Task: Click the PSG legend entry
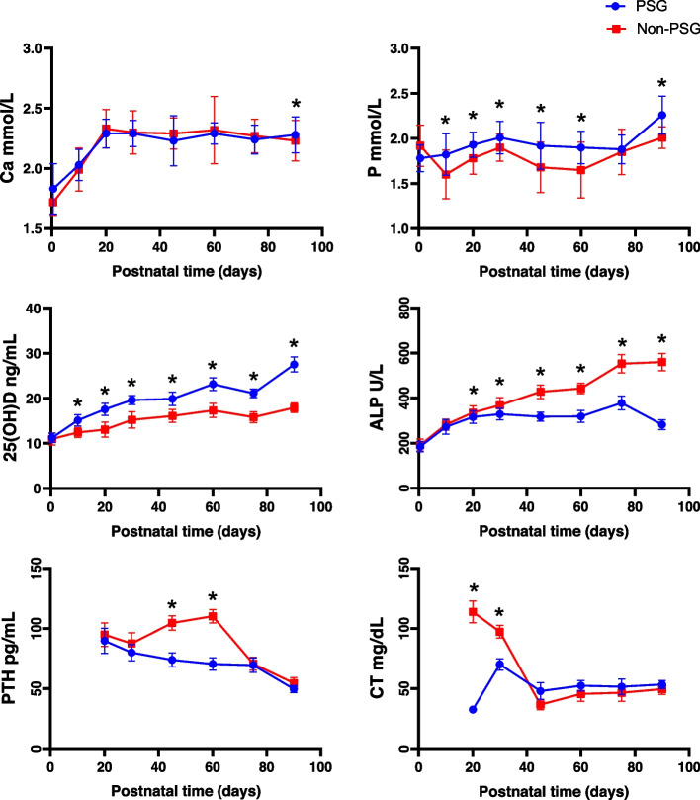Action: click(651, 8)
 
